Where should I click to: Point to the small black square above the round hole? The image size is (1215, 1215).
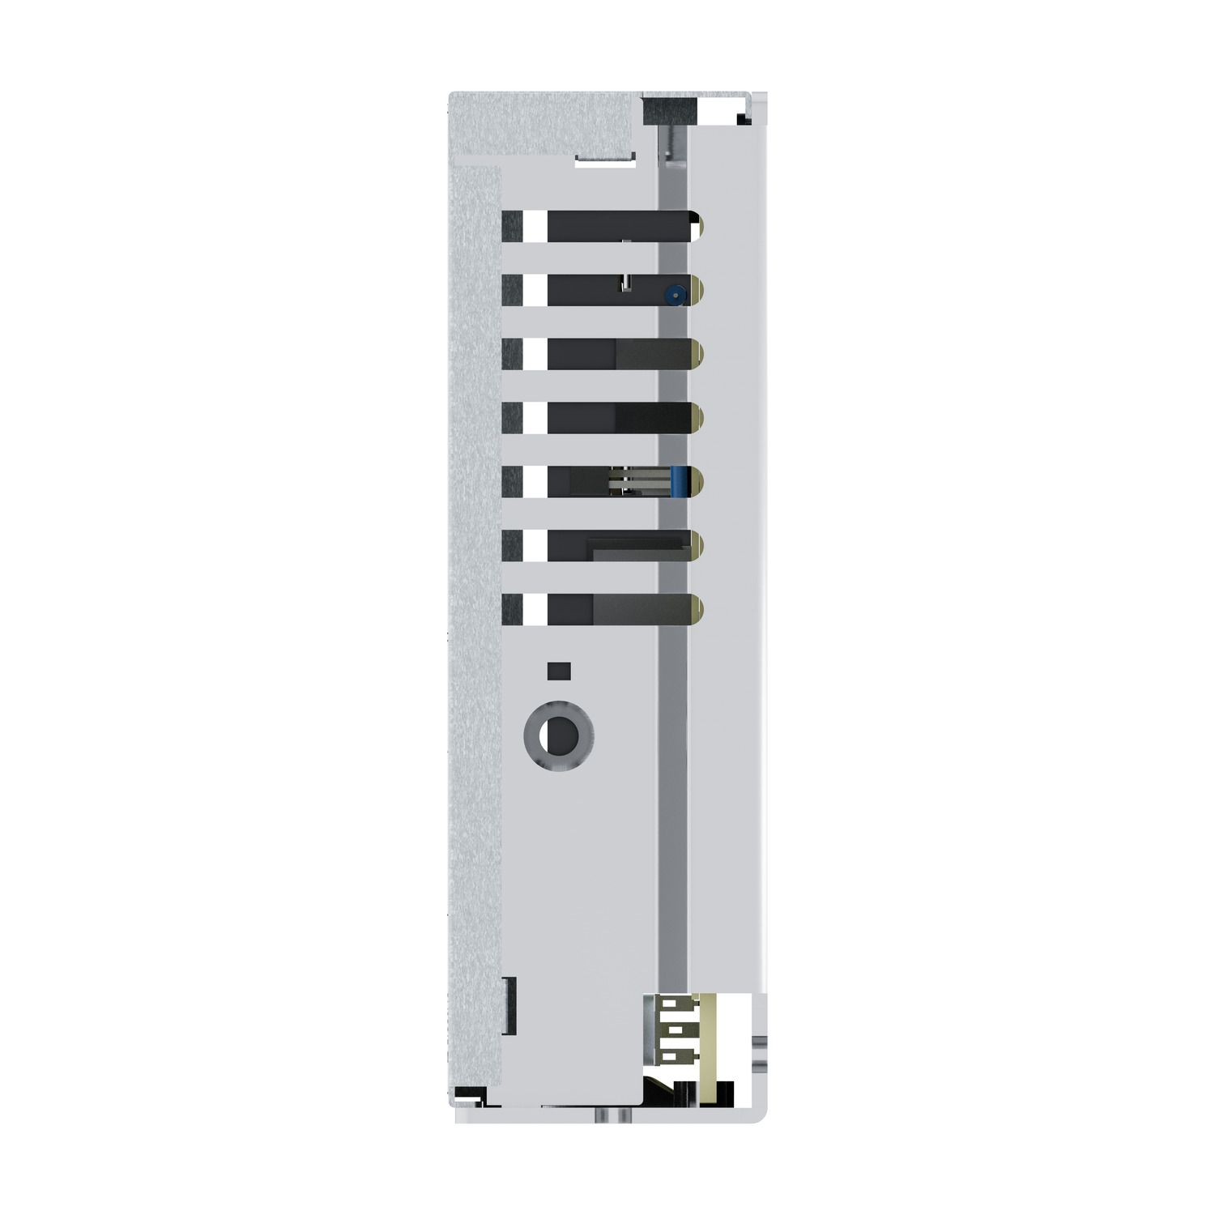[559, 671]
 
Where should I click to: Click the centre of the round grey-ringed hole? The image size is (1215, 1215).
[559, 736]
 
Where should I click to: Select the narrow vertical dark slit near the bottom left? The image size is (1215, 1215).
[510, 1005]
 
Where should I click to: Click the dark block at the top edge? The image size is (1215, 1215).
[670, 110]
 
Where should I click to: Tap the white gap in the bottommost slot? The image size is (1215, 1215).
[535, 609]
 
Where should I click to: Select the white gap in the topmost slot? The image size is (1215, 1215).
[535, 226]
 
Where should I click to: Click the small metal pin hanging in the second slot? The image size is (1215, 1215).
[625, 282]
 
